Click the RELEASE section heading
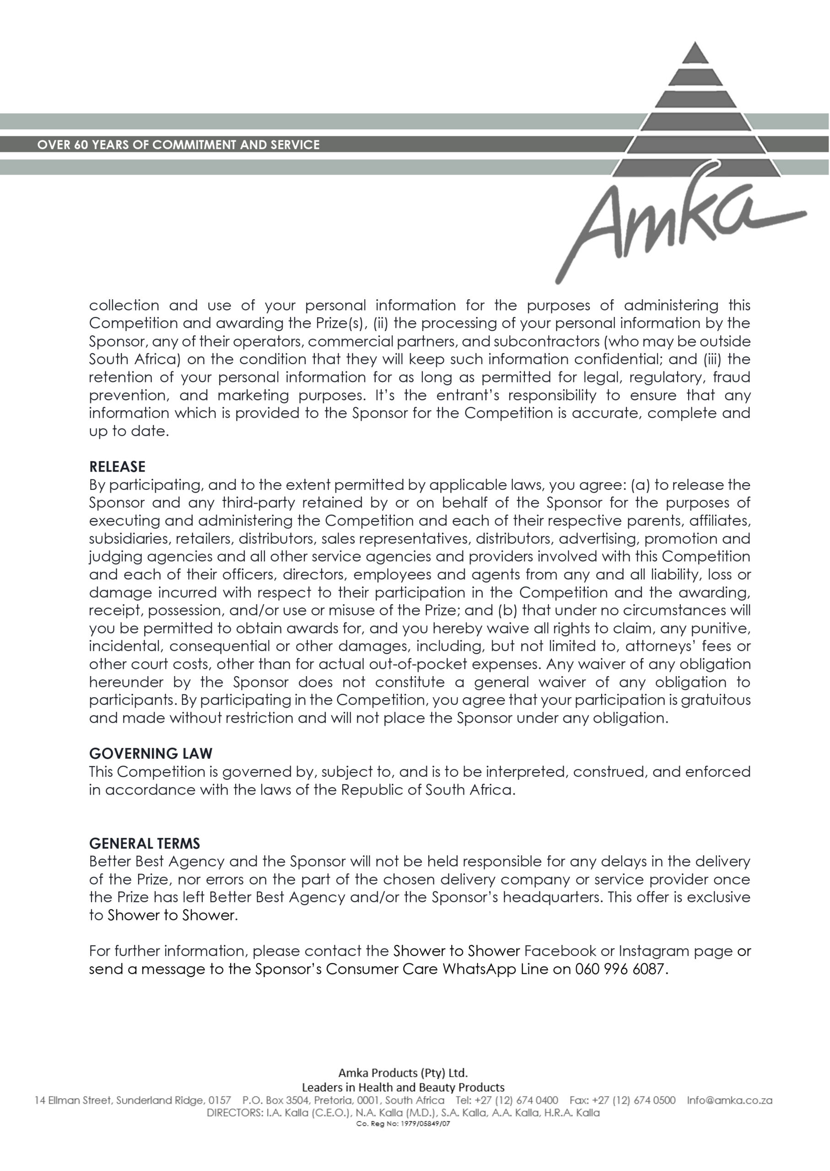pos(117,467)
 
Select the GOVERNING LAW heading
pos(151,753)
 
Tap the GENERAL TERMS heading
pos(145,843)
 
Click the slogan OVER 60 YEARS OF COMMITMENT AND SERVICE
pos(178,145)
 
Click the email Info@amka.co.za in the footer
pos(729,1100)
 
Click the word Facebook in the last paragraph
pos(560,951)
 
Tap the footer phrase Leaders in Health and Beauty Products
pos(403,1087)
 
